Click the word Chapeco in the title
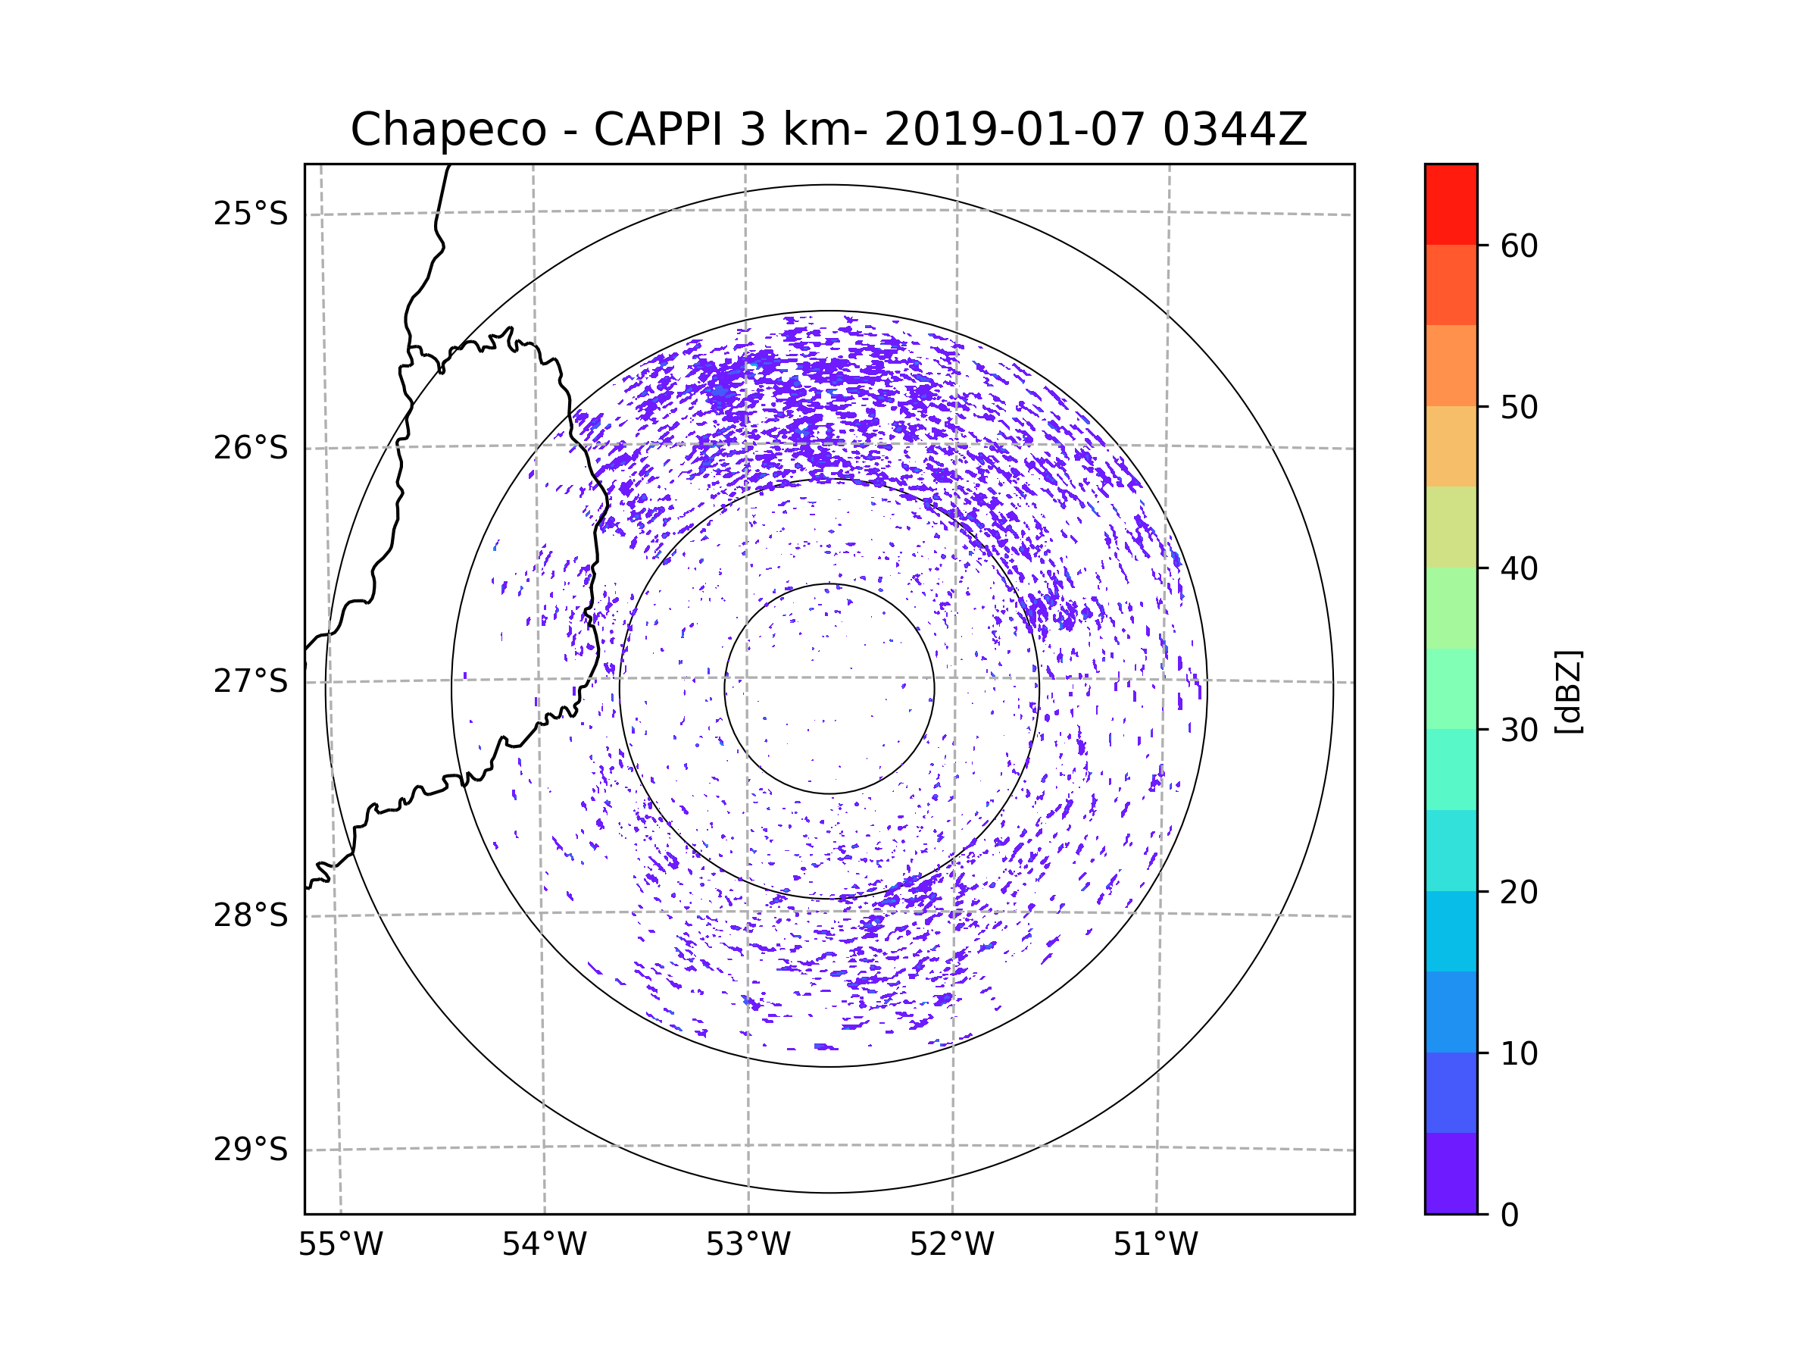(x=448, y=130)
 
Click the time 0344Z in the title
(x=1235, y=130)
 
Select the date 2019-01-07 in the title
(x=1014, y=130)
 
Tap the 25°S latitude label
(x=251, y=214)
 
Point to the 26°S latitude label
(x=251, y=448)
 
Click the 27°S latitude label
(x=251, y=681)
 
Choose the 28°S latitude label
(x=251, y=915)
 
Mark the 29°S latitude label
(x=251, y=1150)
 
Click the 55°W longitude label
(x=340, y=1245)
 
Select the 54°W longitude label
(x=544, y=1245)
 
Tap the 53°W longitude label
(x=748, y=1245)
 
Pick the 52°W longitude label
(x=951, y=1245)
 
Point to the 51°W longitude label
(x=1155, y=1245)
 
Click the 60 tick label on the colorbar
(x=1519, y=246)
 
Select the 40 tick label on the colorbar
(x=1519, y=569)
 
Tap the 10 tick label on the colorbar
(x=1519, y=1054)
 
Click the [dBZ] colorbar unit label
(x=1569, y=691)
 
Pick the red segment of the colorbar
(x=1451, y=204)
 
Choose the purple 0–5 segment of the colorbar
(x=1451, y=1173)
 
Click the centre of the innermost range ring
(x=829, y=689)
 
